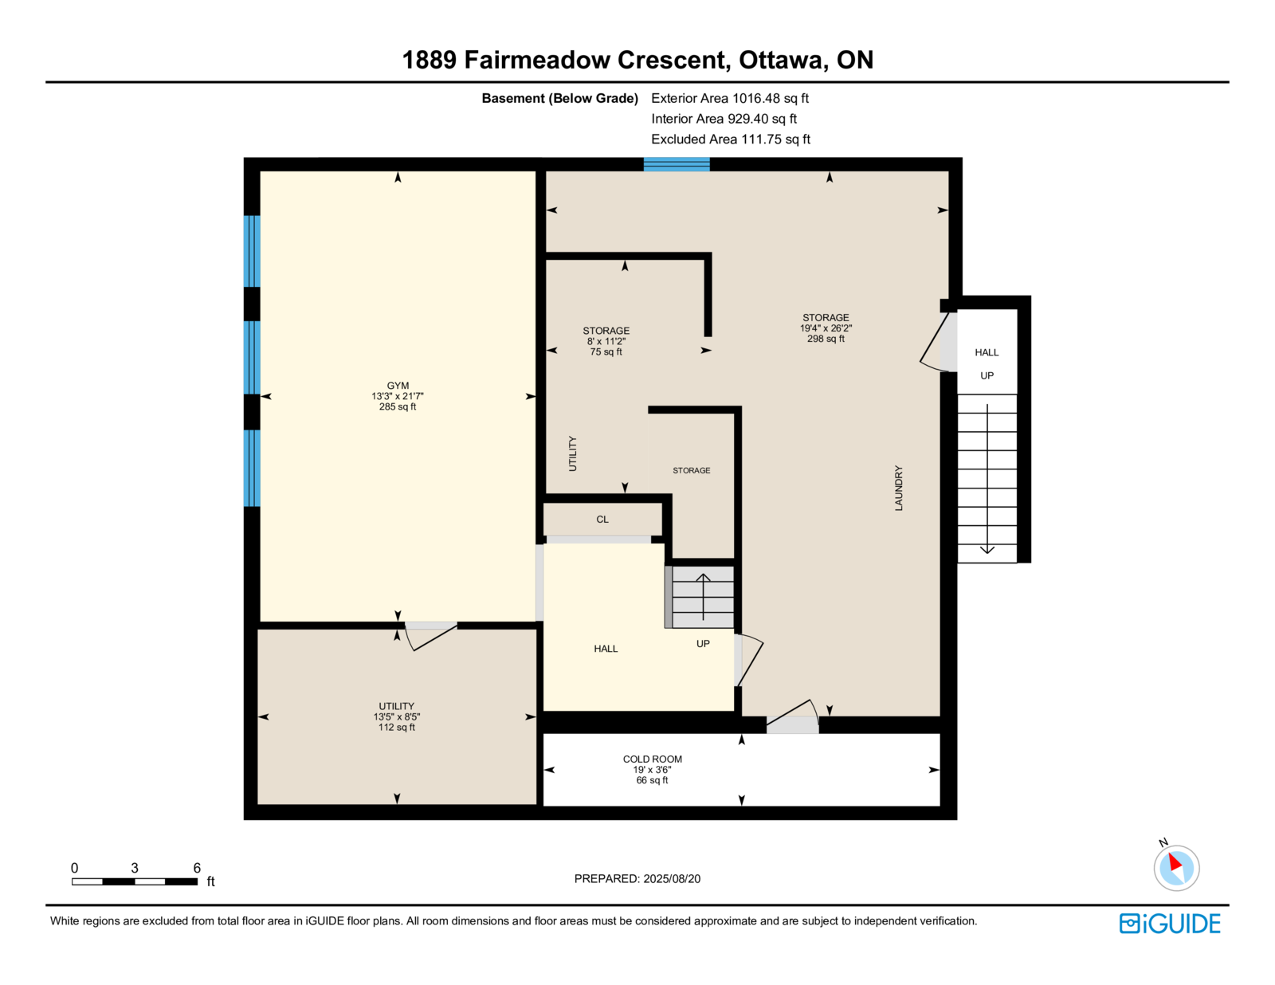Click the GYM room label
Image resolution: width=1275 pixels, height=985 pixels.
coord(397,386)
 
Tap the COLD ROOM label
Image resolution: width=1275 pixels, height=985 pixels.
coord(652,759)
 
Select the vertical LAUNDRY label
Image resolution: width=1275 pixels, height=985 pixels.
coord(898,488)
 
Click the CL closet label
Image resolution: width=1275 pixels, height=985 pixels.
coord(602,519)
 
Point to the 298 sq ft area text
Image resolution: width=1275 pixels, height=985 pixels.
coord(826,339)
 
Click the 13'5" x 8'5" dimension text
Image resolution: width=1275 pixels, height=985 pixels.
coord(397,716)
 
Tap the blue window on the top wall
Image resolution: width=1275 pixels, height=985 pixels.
coord(677,164)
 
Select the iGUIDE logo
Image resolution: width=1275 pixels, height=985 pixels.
coord(1169,924)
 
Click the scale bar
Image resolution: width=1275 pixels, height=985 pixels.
coord(135,881)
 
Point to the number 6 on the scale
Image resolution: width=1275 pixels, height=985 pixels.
coord(197,868)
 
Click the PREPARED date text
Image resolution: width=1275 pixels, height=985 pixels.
coord(637,878)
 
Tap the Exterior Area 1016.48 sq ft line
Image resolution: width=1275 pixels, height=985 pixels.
coord(730,98)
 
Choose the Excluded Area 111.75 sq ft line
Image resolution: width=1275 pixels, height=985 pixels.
coord(731,139)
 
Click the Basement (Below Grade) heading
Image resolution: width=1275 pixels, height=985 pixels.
coord(559,98)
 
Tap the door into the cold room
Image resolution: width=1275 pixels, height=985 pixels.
coord(793,716)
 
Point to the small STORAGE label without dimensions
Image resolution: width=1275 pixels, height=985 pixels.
coord(691,470)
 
